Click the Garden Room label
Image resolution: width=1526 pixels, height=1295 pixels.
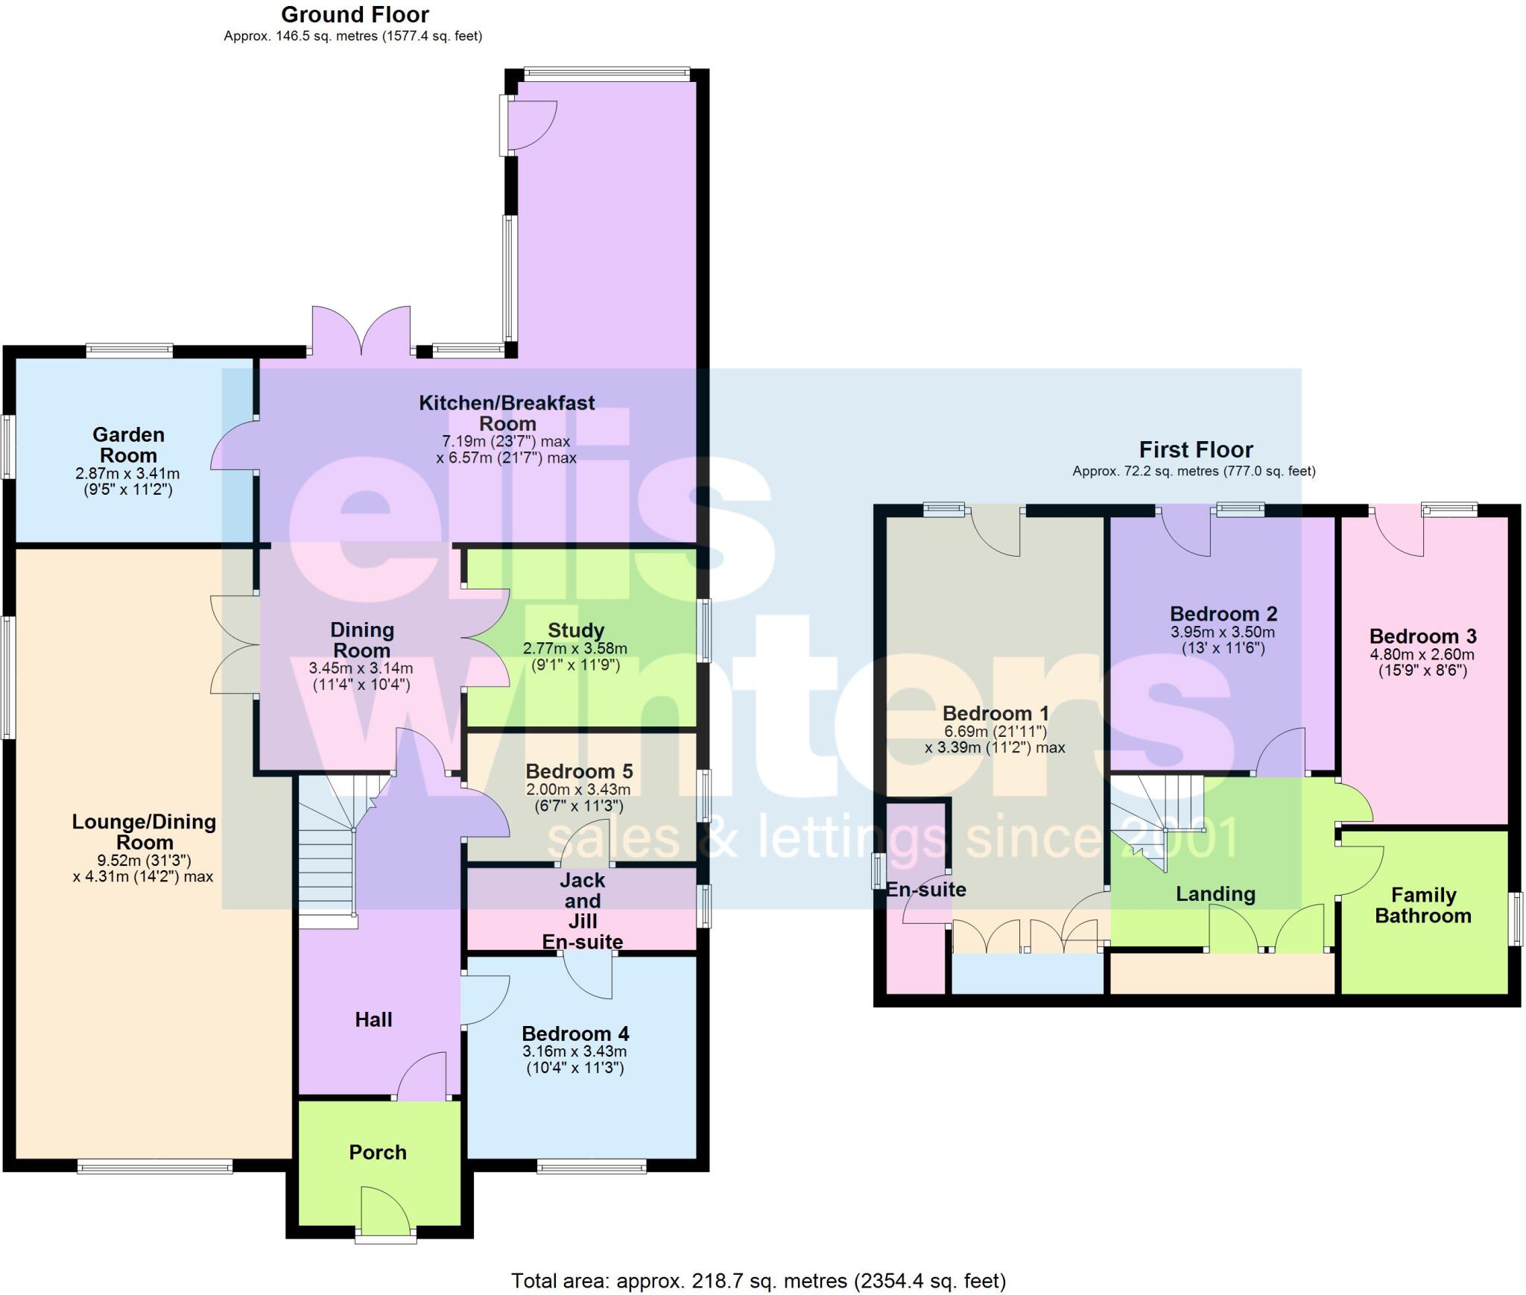128,445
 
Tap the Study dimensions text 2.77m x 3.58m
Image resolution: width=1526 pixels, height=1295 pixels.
575,648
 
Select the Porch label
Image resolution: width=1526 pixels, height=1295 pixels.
378,1152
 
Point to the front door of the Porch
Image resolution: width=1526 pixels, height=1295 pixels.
385,1214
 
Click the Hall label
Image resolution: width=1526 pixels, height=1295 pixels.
373,1019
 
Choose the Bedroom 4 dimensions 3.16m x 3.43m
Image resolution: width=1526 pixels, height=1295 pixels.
574,1051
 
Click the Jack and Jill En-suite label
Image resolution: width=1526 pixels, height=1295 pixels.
583,911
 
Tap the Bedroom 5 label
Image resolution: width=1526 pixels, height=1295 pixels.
579,770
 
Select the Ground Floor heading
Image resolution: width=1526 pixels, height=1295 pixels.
355,14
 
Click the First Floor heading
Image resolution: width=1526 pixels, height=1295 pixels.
1196,449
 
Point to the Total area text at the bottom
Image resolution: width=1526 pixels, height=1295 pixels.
759,1280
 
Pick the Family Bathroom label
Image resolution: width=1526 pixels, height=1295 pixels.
1423,905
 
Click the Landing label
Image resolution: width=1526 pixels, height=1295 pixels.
1215,893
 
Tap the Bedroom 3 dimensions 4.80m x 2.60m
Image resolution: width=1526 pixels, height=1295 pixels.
1422,654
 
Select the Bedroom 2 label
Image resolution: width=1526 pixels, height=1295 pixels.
1223,614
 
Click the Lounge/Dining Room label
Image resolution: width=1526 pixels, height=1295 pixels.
144,832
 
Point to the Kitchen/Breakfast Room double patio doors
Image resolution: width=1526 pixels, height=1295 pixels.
361,330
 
